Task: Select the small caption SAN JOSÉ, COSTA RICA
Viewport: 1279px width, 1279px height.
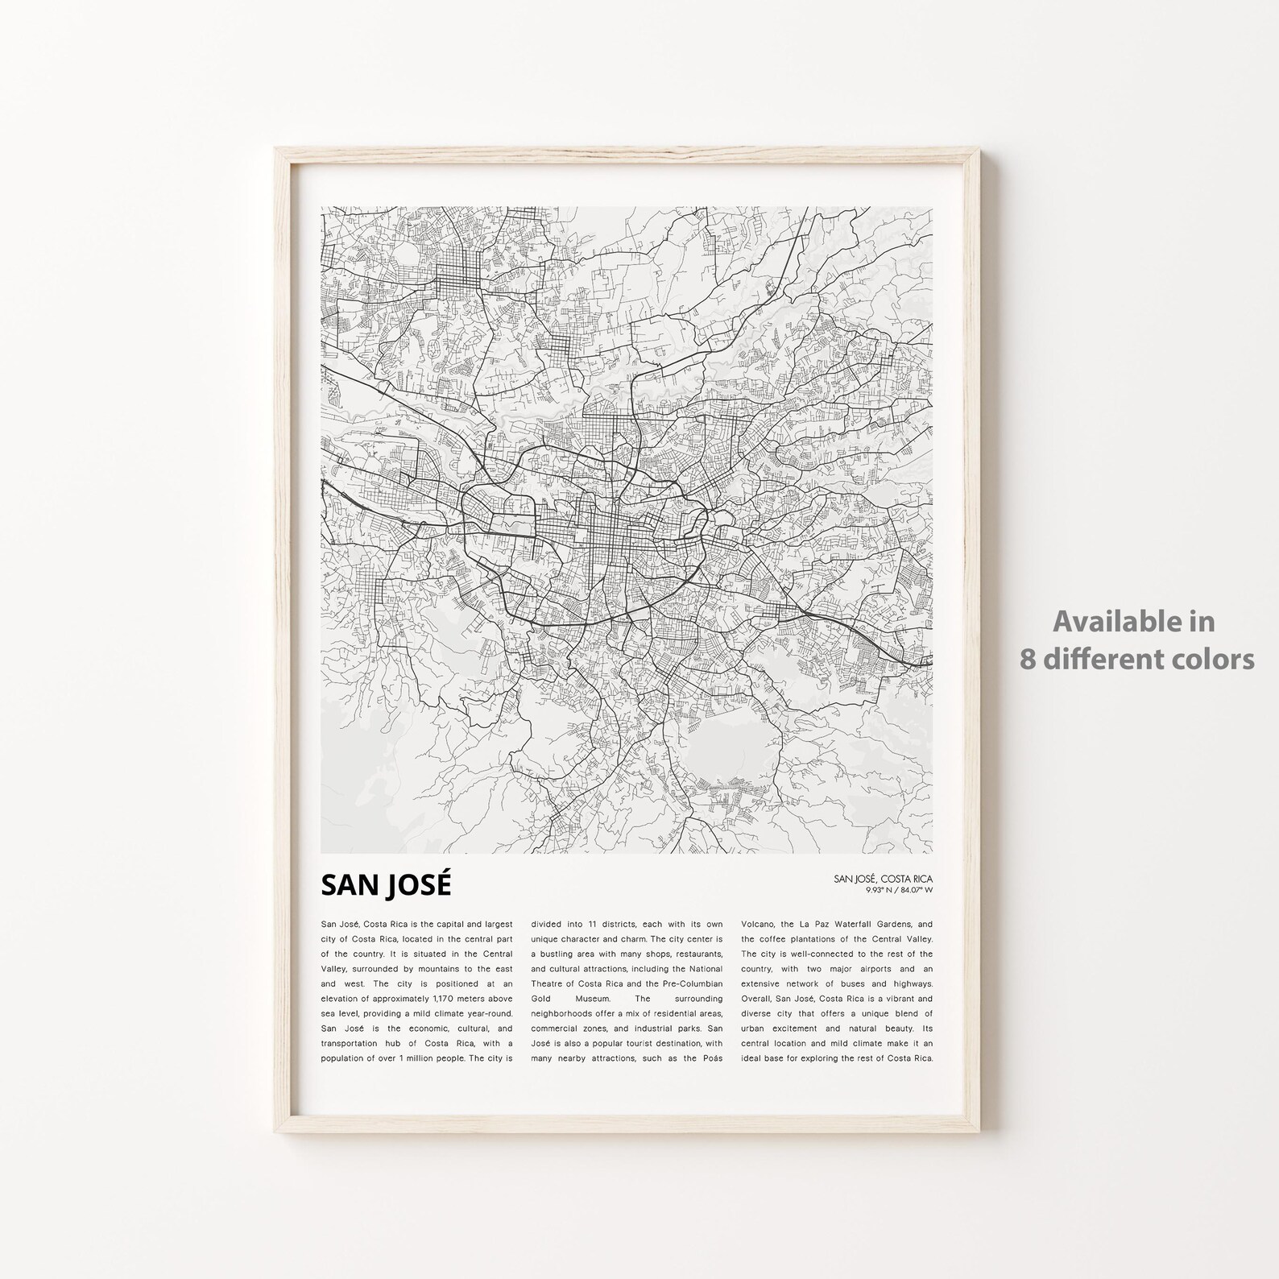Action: point(884,879)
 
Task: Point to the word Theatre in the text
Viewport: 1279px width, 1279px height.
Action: point(550,984)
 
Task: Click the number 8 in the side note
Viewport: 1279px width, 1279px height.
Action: point(1028,660)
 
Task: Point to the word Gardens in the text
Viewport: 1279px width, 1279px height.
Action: point(900,924)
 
